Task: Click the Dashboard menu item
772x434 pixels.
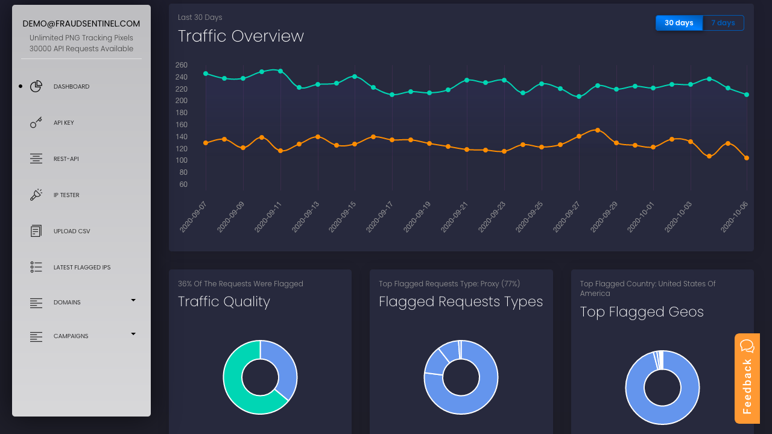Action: pos(71,87)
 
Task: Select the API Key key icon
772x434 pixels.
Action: pos(36,122)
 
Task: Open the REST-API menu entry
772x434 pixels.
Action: pos(66,159)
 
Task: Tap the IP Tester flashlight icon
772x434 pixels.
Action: pos(36,195)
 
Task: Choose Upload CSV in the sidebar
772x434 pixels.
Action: pos(71,231)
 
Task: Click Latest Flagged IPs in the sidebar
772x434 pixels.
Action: pos(81,268)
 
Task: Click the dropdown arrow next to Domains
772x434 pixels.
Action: pos(133,300)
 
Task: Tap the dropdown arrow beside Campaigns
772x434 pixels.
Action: pos(133,334)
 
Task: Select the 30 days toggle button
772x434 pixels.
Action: pos(679,23)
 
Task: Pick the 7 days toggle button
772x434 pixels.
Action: pos(723,23)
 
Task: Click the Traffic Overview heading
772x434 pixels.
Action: pos(241,36)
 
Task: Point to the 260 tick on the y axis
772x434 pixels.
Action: pos(181,65)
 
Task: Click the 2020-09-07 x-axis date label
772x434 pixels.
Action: pos(194,217)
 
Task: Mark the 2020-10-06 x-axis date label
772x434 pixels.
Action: pos(735,217)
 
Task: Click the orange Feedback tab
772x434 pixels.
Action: pos(747,379)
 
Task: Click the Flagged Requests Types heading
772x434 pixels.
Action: pos(461,301)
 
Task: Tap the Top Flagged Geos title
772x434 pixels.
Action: pos(642,312)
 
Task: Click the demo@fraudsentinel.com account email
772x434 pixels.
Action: pos(81,24)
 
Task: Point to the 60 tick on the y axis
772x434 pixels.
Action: pos(183,184)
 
